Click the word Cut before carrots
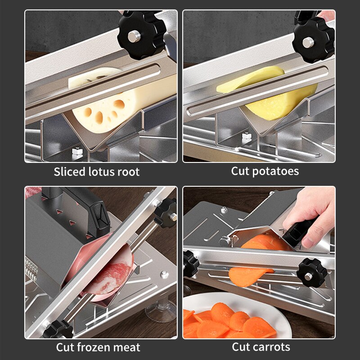tap(240, 347)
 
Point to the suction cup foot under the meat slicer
tap(160, 310)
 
